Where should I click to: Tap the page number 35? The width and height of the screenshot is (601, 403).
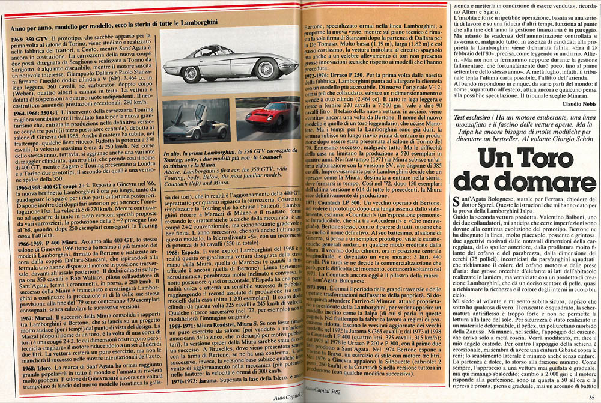(x=591, y=396)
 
